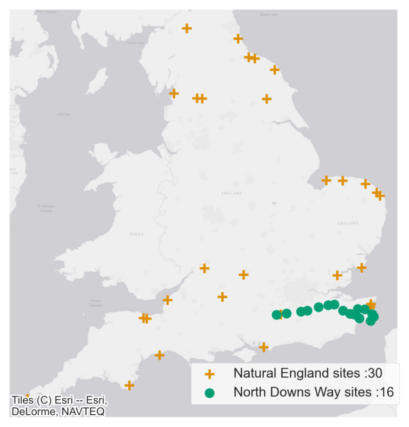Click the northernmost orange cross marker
pos(186,28)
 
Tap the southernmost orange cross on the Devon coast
pos(129,385)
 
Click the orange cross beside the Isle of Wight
pos(263,347)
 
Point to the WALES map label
pos(136,234)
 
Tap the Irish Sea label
pos(64,114)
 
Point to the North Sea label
pos(268,15)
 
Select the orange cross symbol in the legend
pos(209,374)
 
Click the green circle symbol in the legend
pos(209,393)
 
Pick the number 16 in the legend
pos(387,393)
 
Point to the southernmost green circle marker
pos(371,321)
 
